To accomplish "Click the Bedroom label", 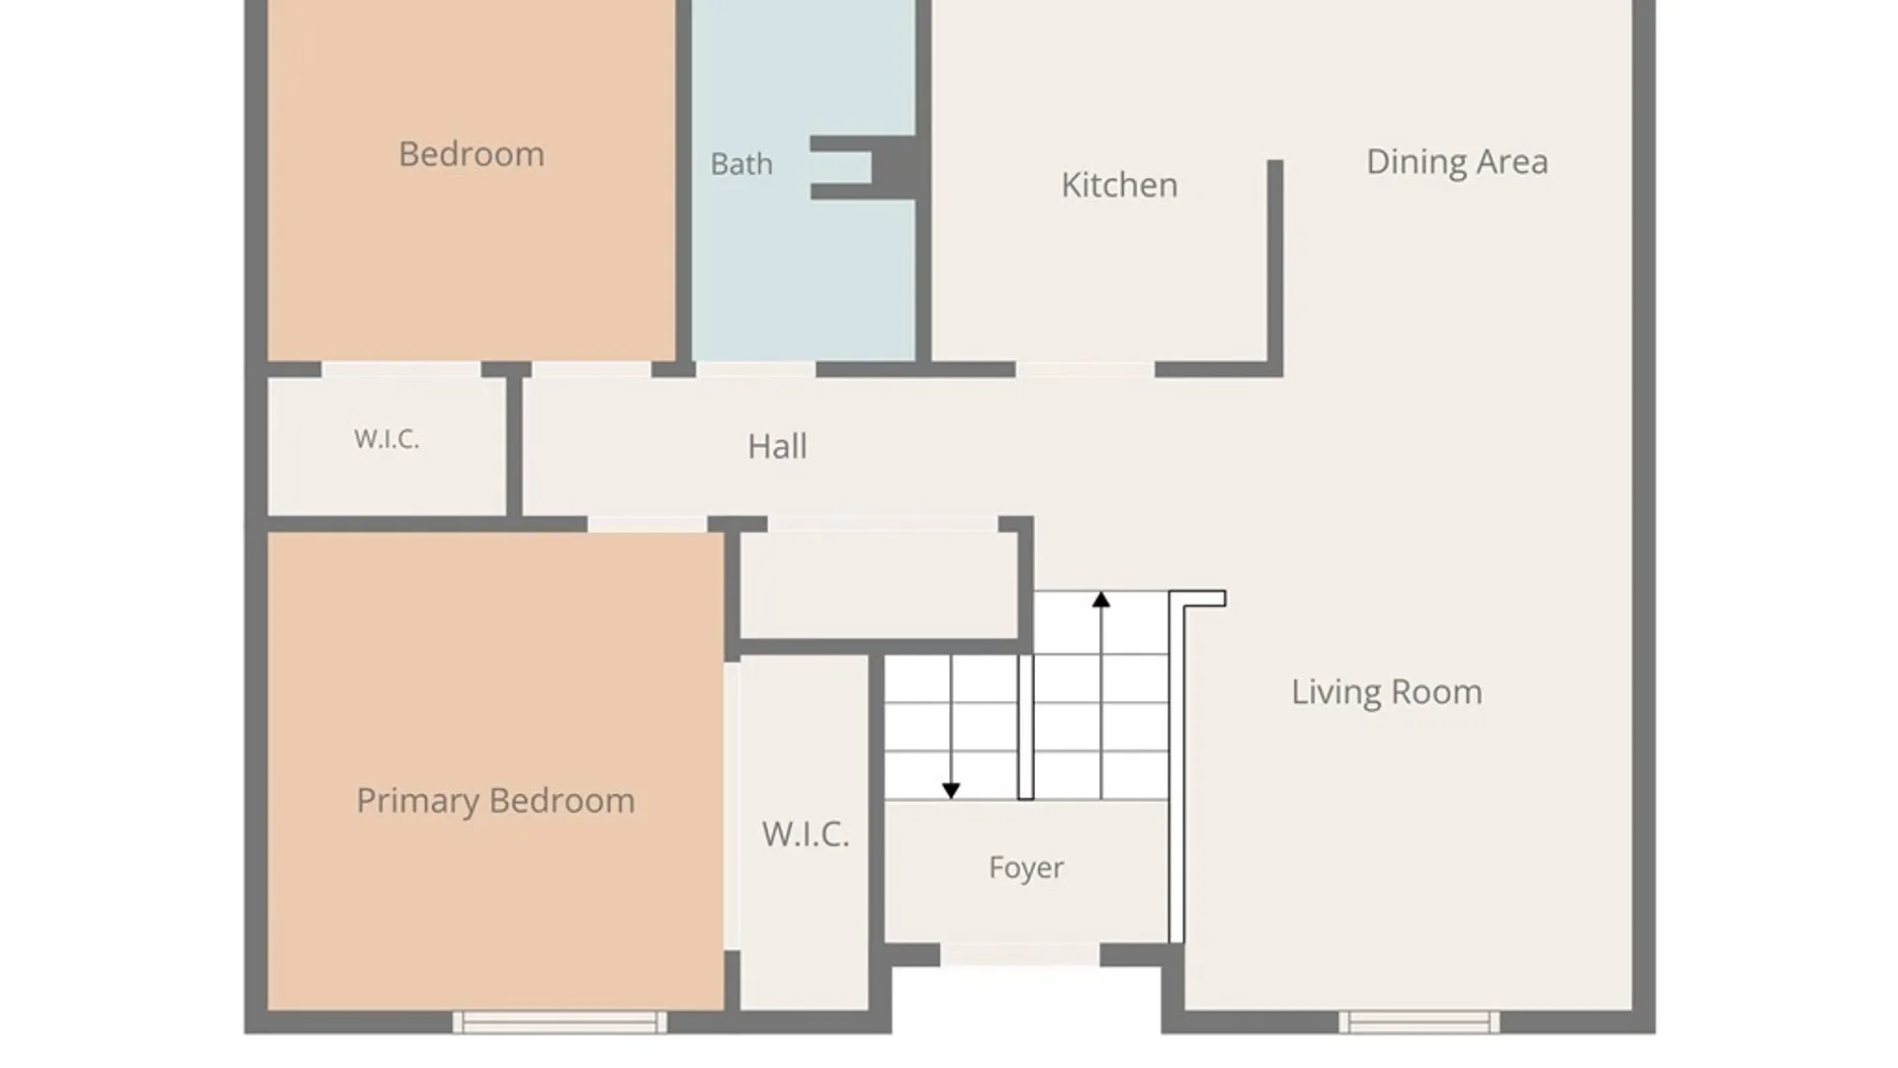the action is coord(472,154).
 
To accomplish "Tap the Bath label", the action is coord(741,164).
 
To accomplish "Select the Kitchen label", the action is coord(1119,185).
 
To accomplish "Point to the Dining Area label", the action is coord(1457,162).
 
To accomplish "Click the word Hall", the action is coord(777,446).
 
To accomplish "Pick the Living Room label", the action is coord(1387,692).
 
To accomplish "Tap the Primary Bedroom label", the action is coord(495,801).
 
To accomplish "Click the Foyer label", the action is coord(1026,867).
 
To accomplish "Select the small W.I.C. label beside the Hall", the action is coord(387,439).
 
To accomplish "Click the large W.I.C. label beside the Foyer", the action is coord(805,835).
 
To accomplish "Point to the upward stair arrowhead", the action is coord(1101,599).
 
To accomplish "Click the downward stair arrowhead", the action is coord(951,791).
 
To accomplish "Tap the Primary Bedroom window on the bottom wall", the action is coord(560,1022).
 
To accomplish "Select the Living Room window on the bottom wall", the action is coord(1420,1022).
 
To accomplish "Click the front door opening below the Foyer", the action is coord(1019,954).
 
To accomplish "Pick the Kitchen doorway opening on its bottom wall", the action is coord(1084,370).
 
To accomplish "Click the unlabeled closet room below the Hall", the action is coord(879,584).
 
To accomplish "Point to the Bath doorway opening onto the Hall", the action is coord(755,370).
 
